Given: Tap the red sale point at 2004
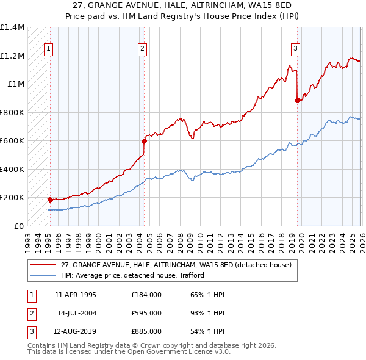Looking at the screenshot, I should tap(145, 142).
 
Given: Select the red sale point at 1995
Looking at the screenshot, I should tap(50, 200).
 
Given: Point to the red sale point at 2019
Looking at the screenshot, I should tap(298, 101).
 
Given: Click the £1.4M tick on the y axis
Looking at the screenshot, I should tap(12, 27).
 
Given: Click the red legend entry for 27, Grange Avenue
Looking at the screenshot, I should tap(177, 265).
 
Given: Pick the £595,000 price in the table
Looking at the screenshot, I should tap(146, 313).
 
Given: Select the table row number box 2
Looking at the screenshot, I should tap(29, 313).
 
